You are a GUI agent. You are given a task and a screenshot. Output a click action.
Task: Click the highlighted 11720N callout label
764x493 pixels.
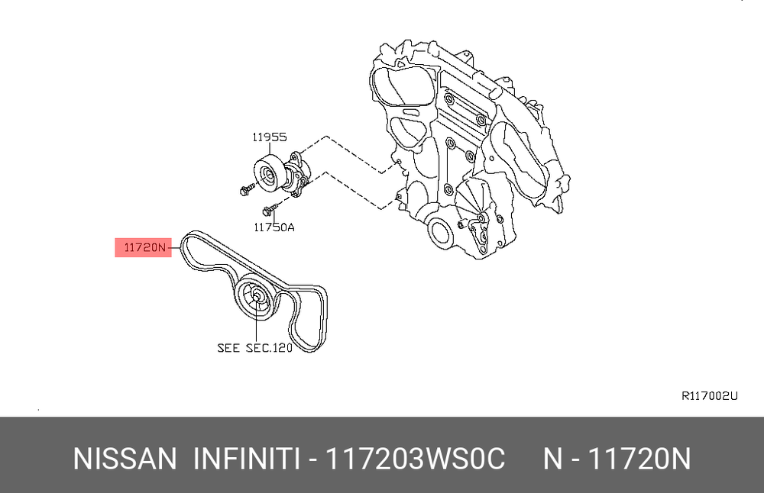[144, 247]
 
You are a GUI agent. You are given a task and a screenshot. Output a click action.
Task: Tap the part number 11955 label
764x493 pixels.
[270, 137]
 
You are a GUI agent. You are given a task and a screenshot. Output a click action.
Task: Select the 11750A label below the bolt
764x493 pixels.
[274, 227]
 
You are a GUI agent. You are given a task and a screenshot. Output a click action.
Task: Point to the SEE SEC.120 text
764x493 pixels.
[255, 347]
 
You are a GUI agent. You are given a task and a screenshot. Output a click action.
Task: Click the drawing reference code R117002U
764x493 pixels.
[710, 395]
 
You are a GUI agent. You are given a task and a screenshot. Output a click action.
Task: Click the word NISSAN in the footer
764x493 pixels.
[125, 459]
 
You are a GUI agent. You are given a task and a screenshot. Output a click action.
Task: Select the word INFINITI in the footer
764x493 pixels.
[246, 459]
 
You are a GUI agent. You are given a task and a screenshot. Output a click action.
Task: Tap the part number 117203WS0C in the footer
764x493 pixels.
[415, 459]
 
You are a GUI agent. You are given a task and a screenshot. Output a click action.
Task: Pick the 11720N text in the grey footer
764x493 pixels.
[639, 459]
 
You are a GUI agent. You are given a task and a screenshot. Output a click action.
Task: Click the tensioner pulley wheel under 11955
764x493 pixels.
[268, 174]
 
